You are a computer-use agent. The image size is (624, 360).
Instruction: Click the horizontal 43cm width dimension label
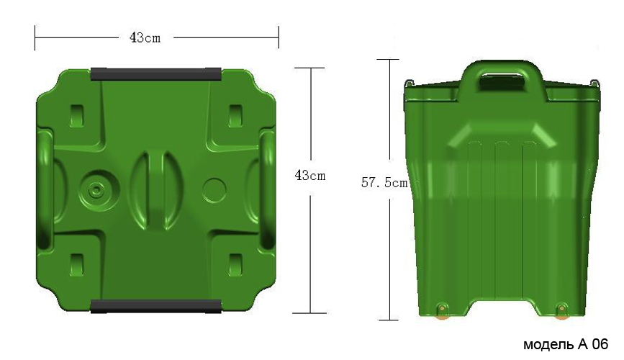pos(145,38)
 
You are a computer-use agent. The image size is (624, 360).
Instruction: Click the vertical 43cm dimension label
pos(310,175)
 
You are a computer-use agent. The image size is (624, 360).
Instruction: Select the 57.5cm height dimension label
pos(384,182)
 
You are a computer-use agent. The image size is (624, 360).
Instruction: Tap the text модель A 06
pos(566,344)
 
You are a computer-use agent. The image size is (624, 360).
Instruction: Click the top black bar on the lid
pos(156,74)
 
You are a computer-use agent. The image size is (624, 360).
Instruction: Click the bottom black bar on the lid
pos(156,306)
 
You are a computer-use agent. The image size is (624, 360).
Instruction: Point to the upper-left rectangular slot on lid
pos(77,116)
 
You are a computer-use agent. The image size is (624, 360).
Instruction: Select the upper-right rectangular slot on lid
pos(235,116)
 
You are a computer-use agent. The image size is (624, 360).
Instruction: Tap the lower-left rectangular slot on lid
pos(77,265)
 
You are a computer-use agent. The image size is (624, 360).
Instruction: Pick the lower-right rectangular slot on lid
pos(235,265)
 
